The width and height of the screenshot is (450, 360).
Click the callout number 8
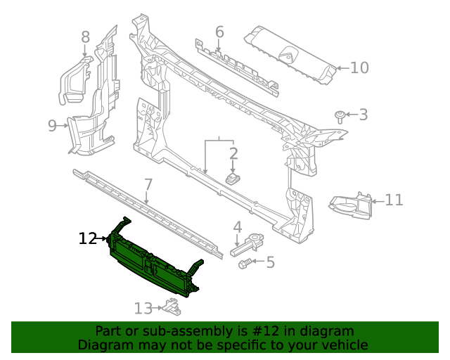tap(85, 37)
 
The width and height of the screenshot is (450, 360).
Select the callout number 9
tap(52, 126)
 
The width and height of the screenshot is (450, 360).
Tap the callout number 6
tap(219, 32)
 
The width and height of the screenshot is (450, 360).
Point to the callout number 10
tap(359, 68)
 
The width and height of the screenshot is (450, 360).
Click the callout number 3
tap(363, 114)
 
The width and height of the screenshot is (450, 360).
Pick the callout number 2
tap(233, 153)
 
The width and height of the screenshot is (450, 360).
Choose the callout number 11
tap(394, 200)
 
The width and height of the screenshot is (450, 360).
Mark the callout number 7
tap(148, 185)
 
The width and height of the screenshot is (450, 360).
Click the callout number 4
tap(238, 227)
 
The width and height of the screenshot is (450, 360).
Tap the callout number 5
tap(270, 262)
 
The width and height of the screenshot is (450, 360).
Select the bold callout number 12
tap(87, 239)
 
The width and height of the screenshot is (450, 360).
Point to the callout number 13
tap(143, 308)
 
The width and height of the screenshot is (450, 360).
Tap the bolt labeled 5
tap(246, 263)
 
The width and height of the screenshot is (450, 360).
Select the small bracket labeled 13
tap(169, 306)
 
